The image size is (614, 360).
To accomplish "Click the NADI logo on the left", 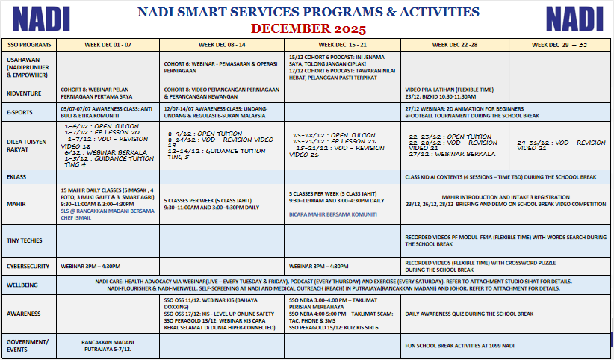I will [x=42, y=18].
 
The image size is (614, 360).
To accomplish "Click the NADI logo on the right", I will [x=573, y=18].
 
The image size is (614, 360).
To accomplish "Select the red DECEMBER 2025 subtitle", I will [x=308, y=29].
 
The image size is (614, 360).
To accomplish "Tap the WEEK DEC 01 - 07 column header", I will [x=108, y=45].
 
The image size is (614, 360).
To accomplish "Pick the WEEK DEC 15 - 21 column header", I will [x=344, y=45].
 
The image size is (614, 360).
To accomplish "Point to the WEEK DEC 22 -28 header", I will [x=454, y=45].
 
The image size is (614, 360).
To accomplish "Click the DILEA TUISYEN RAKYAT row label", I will [x=27, y=143].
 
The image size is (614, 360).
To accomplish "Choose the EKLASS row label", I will [x=17, y=177].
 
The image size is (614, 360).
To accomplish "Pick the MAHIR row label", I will [x=16, y=203].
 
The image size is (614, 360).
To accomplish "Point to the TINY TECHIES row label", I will [x=25, y=240].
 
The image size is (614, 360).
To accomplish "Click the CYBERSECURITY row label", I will [x=28, y=265].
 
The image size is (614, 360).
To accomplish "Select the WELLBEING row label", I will [x=23, y=284].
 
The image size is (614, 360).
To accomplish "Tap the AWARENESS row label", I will [x=24, y=314].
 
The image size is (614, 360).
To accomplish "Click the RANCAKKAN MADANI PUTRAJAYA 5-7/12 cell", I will [x=108, y=346].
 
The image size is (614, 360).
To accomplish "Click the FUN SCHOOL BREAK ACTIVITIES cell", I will [x=459, y=346].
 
